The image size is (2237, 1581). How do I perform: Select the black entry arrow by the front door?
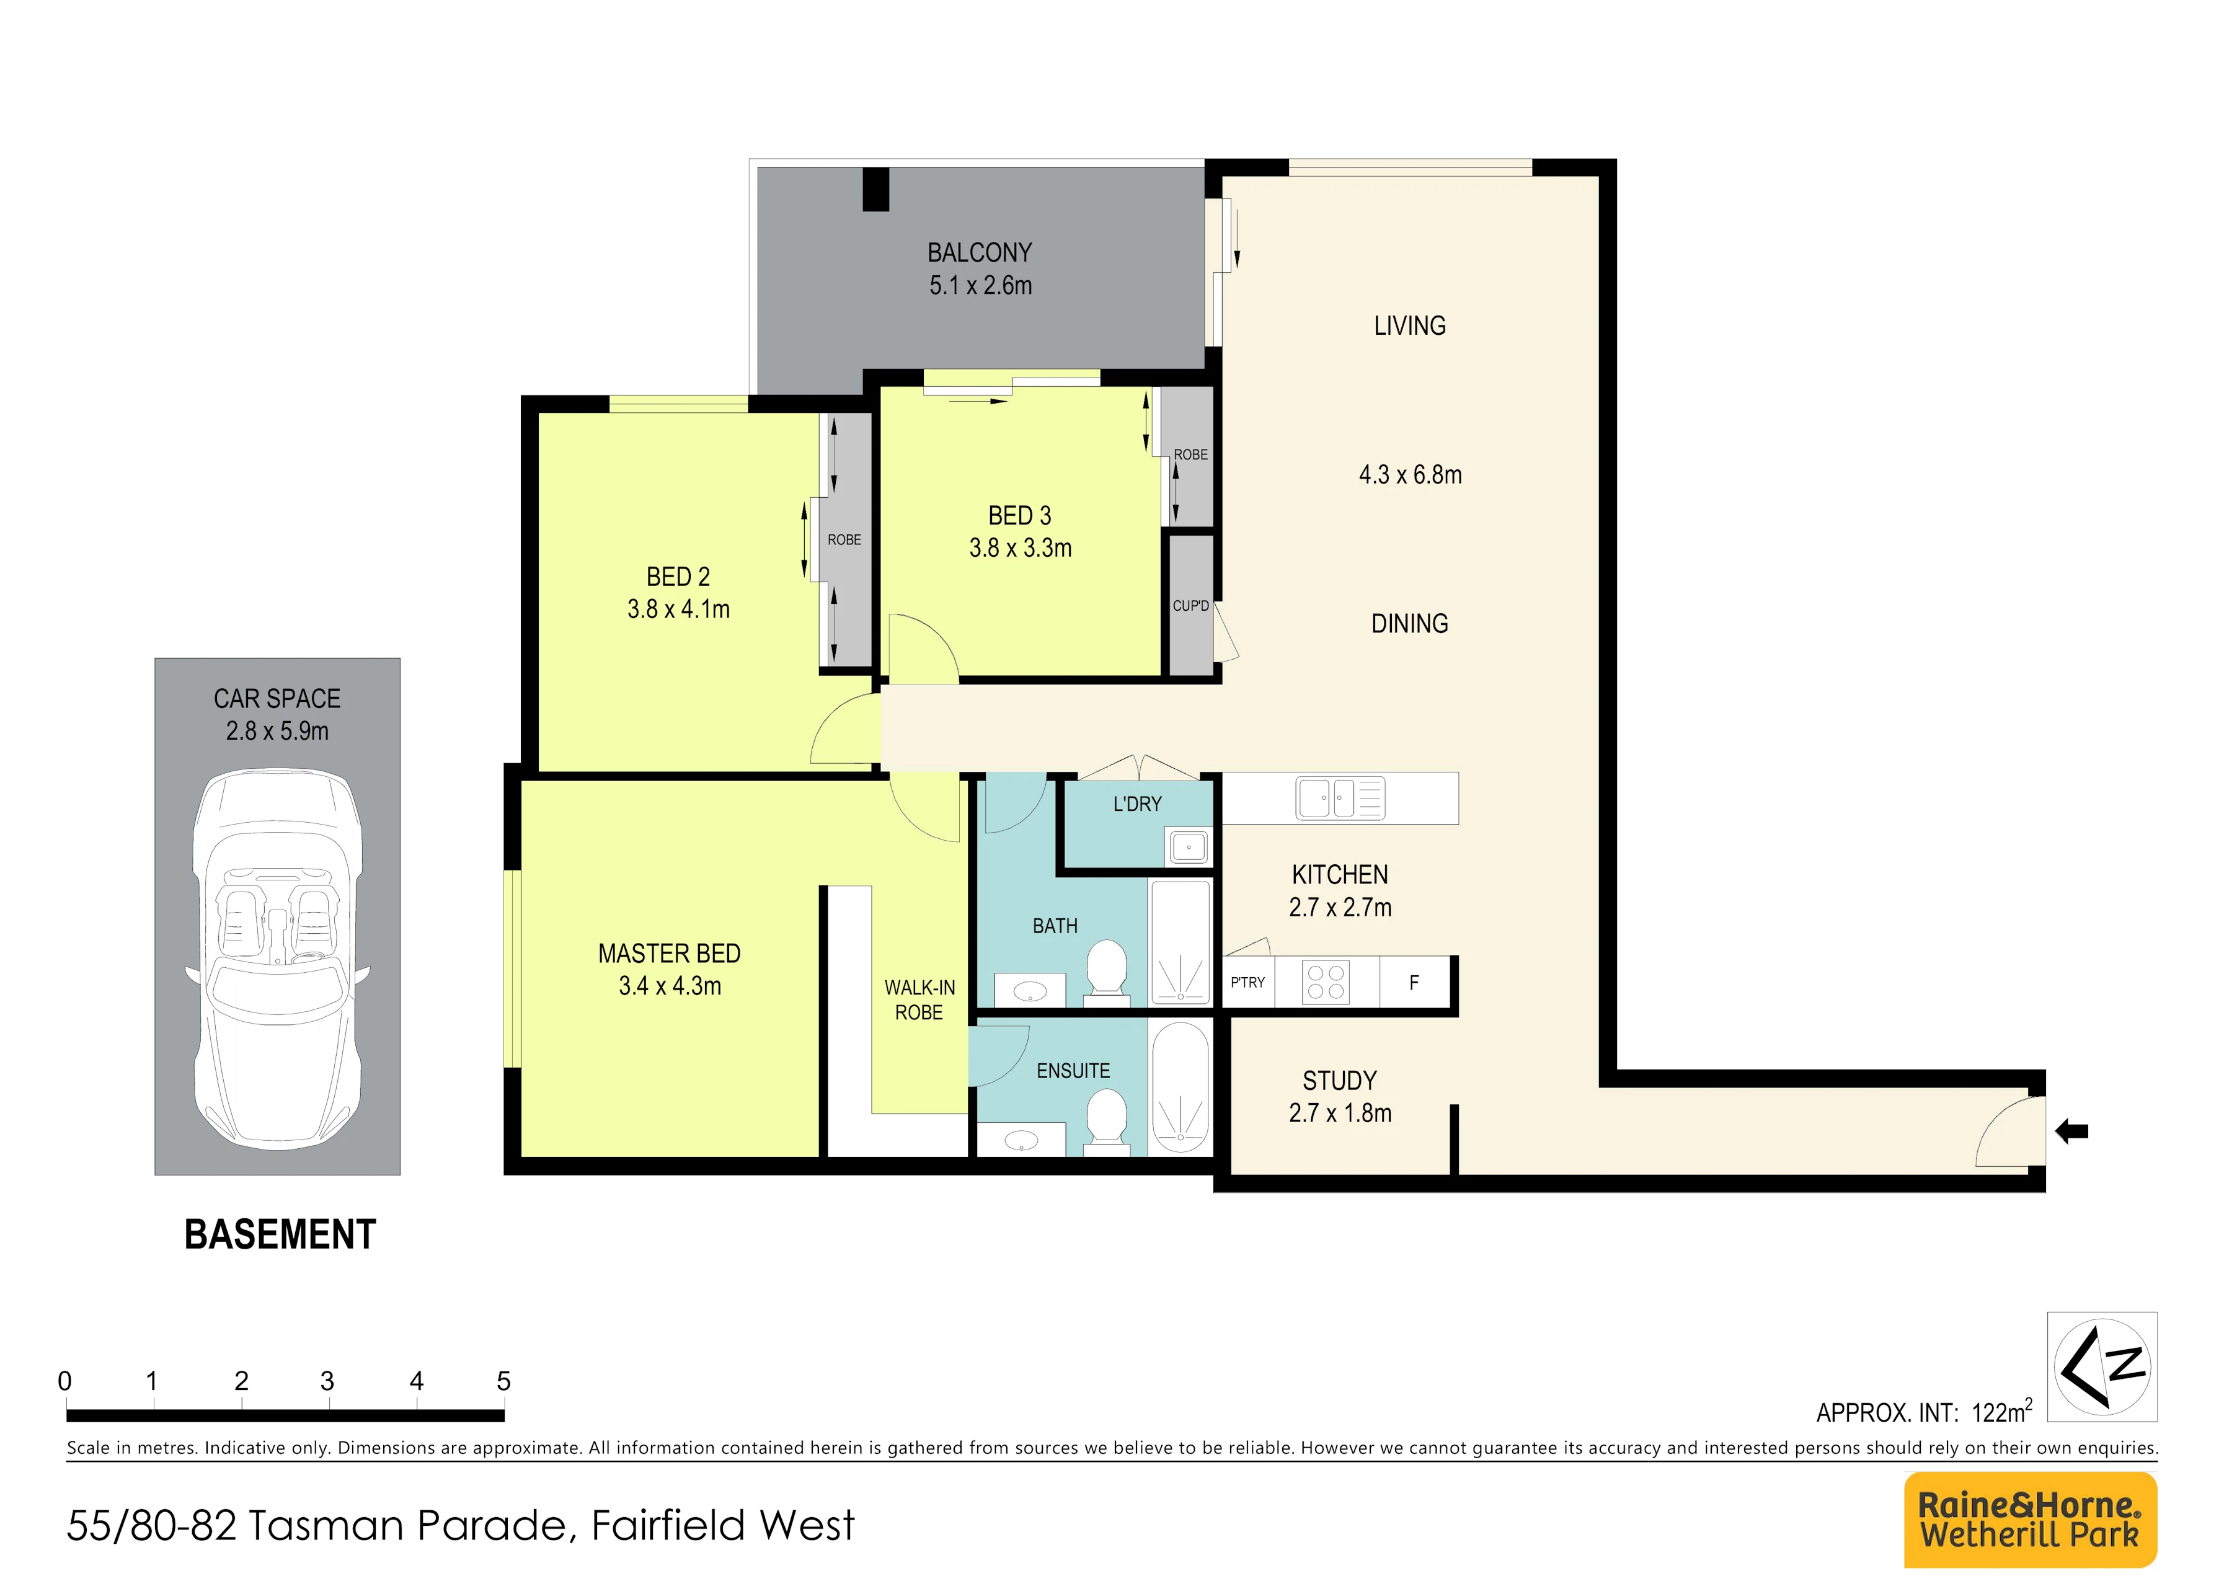click(x=2071, y=1131)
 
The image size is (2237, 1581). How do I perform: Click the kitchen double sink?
click(x=1340, y=798)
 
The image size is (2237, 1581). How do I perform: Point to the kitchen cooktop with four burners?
click(x=1327, y=982)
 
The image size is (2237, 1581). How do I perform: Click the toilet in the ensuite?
click(x=1106, y=1120)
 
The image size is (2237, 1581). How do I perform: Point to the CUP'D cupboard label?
click(x=1190, y=606)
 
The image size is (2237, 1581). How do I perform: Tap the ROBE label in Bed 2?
click(x=844, y=539)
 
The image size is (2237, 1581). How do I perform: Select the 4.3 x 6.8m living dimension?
click(x=1411, y=476)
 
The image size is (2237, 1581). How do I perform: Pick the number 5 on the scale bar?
click(x=503, y=1381)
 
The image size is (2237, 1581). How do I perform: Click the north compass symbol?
click(x=2102, y=1366)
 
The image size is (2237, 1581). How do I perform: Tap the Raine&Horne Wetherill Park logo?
click(x=2031, y=1520)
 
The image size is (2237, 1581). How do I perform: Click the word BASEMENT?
click(x=281, y=1235)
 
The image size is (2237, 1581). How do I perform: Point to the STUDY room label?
click(x=1340, y=1081)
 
